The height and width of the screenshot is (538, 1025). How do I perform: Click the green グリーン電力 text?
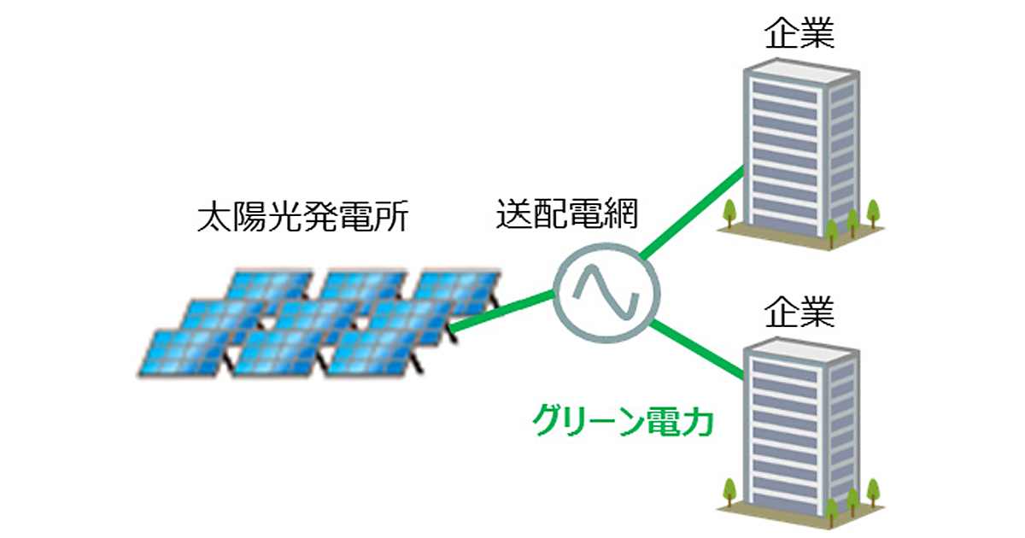click(622, 422)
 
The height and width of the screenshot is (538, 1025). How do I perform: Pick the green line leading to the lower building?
click(696, 350)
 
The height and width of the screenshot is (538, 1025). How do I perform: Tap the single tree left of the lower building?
click(729, 490)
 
